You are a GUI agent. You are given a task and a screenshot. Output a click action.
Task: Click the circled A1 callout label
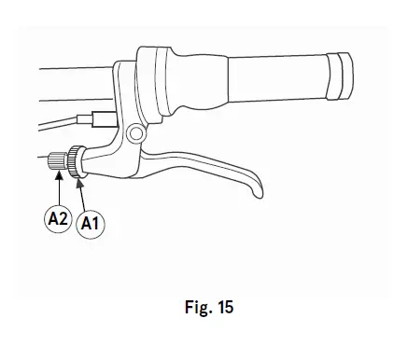(91, 224)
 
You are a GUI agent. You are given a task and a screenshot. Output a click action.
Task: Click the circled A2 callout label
(58, 218)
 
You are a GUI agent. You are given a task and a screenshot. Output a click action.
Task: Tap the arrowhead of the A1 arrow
(79, 183)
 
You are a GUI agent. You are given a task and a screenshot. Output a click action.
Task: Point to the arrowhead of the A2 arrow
(59, 174)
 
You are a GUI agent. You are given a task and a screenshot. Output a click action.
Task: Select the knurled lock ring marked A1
(76, 161)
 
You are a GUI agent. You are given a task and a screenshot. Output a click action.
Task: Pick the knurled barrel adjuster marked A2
(57, 161)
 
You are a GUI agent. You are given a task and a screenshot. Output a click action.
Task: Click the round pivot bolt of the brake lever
(136, 133)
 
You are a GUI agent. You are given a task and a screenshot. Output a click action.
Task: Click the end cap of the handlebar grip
(340, 76)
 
